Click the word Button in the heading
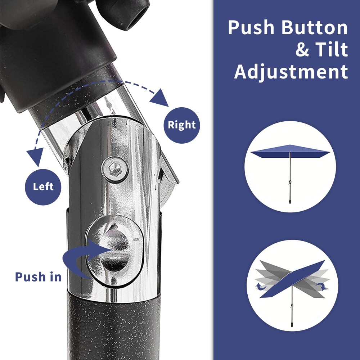click(x=315, y=28)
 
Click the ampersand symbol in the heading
click(x=303, y=50)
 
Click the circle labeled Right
click(x=181, y=125)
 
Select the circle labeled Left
click(x=43, y=187)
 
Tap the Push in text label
click(x=38, y=277)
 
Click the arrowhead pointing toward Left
click(x=35, y=157)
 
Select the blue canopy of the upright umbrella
click(x=290, y=151)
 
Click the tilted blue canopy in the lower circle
click(x=292, y=279)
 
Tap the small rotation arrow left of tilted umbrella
click(x=261, y=287)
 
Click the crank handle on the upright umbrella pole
click(x=289, y=183)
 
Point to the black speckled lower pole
click(x=114, y=326)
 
